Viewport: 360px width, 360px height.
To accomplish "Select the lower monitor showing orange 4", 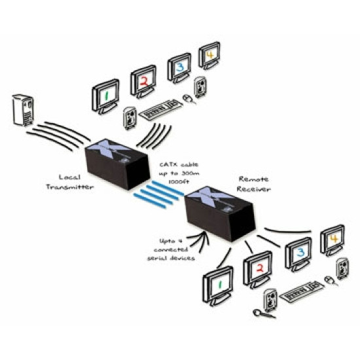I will [331, 240].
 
